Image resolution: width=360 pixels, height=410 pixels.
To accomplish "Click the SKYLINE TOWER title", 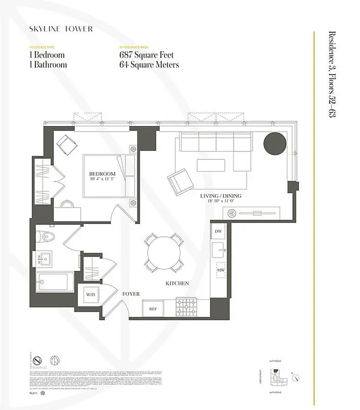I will coord(61,29).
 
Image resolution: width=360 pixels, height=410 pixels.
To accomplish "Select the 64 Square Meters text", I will coord(149,65).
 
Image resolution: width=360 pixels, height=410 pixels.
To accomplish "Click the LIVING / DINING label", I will coord(221,196).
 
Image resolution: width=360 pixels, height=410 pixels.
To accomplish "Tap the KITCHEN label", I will coord(177,283).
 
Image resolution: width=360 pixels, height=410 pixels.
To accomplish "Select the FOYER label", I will coord(131,294).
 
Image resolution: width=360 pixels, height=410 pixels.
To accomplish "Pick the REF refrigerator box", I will coord(153,309).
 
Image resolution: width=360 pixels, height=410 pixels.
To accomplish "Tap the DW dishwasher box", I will coord(218,232).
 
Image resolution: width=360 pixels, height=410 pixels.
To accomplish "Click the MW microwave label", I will coord(221,270).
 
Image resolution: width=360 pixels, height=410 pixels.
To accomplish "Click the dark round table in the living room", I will coord(275,143).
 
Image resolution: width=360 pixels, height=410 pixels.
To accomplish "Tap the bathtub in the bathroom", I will coord(54,281).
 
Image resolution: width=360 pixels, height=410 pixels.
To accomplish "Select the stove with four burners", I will coord(185,307).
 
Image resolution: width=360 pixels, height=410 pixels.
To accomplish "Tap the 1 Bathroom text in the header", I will coord(48,65).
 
